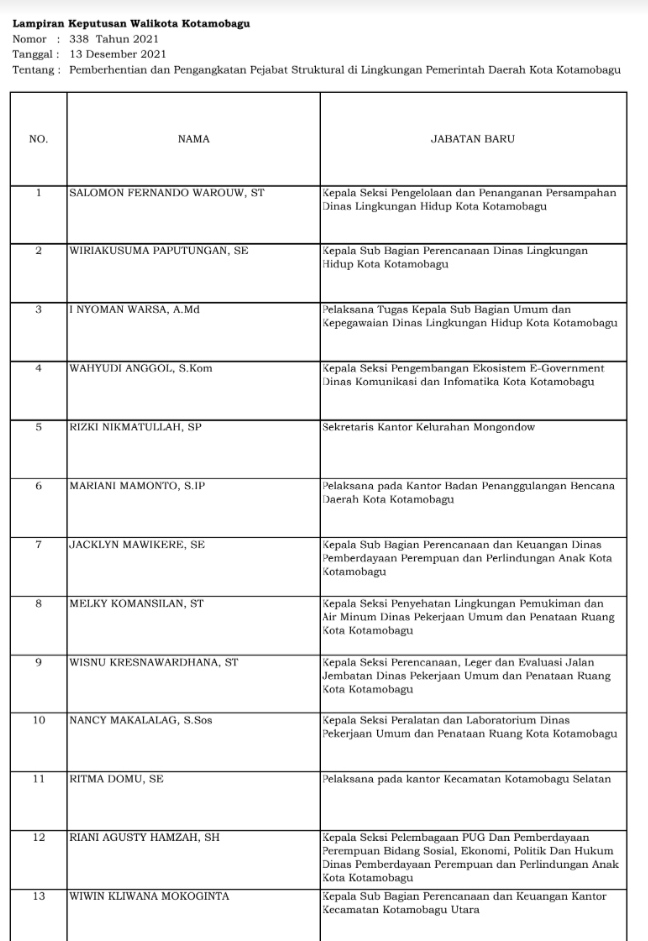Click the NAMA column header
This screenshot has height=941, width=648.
point(193,139)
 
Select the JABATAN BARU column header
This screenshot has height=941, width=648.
point(472,139)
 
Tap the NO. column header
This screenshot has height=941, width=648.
point(39,139)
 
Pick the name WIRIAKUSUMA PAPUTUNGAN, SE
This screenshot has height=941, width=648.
point(158,250)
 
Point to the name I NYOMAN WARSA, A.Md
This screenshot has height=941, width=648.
point(135,310)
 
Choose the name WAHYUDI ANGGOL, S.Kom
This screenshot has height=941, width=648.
point(141,369)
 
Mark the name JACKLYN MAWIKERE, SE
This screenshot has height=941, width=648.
point(137,545)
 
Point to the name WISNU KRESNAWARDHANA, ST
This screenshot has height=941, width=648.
point(153,662)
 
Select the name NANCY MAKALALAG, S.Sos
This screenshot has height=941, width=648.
point(142,719)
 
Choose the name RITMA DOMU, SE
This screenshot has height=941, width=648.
point(116,778)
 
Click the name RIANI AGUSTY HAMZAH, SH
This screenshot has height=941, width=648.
point(144,837)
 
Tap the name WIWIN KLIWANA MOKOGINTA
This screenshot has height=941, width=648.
point(149,896)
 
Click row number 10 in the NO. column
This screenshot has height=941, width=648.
point(39,719)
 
